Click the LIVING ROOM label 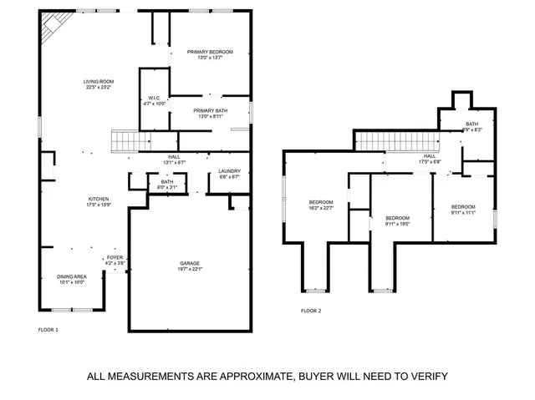(x=98, y=81)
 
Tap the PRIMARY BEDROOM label (x=209, y=52)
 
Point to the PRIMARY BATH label (x=209, y=110)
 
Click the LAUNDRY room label (x=229, y=171)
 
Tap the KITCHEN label (x=99, y=199)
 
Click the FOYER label (x=115, y=258)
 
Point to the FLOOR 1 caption (x=48, y=330)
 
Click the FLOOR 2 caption (x=311, y=311)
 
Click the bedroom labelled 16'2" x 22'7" (x=322, y=202)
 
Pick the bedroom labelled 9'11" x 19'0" (x=397, y=218)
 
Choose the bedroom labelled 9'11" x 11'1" (x=463, y=207)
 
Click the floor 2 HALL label (x=430, y=155)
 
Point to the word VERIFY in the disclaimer (x=425, y=376)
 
